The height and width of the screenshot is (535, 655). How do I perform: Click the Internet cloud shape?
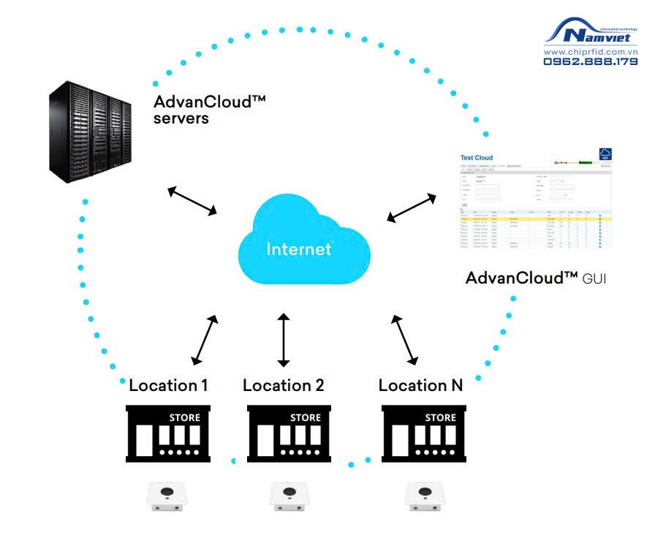click(303, 245)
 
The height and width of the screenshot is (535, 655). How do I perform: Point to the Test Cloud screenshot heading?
click(477, 158)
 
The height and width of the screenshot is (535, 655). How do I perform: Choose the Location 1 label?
click(169, 385)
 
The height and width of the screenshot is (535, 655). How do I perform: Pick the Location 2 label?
click(284, 385)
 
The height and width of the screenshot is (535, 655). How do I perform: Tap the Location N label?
click(420, 385)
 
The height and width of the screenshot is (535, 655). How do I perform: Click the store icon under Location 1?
click(169, 434)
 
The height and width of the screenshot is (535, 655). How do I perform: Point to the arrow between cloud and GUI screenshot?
click(412, 207)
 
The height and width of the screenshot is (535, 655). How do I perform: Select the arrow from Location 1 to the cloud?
click(205, 340)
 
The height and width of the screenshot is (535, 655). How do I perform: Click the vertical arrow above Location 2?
click(284, 340)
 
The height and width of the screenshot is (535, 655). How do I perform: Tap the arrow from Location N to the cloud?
click(404, 340)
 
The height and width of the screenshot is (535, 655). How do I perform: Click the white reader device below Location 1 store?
click(170, 496)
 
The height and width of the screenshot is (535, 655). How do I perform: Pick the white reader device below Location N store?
click(425, 496)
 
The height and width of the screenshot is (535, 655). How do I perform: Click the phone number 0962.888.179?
click(590, 62)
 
